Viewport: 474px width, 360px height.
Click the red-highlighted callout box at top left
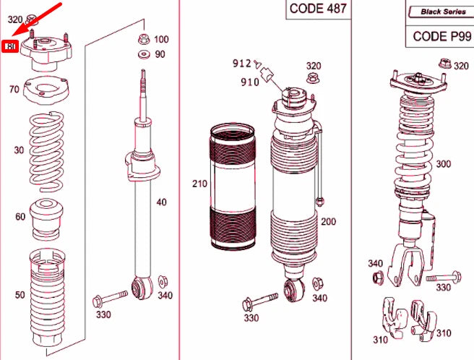coord(11,47)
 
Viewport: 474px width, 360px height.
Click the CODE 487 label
coord(318,9)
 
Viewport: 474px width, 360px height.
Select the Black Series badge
coord(438,12)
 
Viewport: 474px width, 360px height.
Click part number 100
coord(160,39)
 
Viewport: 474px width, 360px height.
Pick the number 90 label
coord(160,54)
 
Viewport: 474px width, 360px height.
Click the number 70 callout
coord(14,90)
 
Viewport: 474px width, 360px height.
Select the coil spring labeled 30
coord(45,150)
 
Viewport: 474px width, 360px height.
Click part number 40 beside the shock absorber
coord(160,202)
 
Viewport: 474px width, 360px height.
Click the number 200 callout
coord(329,221)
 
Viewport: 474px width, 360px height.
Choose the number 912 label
coord(241,64)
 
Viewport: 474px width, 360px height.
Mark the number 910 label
coord(250,82)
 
